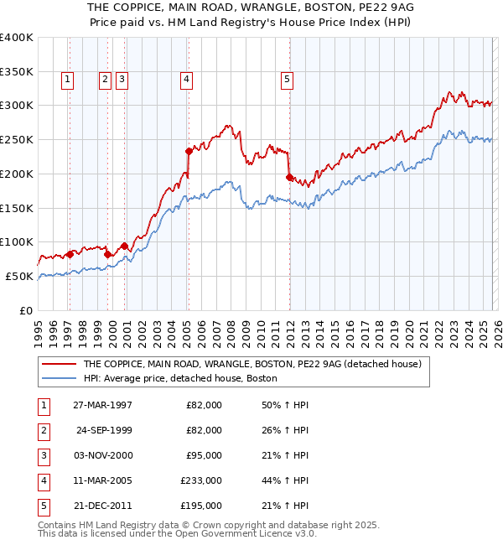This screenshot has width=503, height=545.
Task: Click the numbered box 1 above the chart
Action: [x=67, y=80]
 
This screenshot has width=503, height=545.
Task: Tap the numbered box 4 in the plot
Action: [x=186, y=80]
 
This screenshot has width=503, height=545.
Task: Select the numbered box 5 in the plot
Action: [x=287, y=80]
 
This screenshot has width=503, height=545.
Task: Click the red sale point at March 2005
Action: [x=189, y=151]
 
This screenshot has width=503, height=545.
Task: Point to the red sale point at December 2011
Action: [x=289, y=177]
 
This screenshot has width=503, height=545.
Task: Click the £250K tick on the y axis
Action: [x=17, y=139]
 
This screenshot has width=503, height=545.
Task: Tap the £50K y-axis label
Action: [x=20, y=276]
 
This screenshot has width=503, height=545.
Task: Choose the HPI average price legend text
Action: [x=179, y=379]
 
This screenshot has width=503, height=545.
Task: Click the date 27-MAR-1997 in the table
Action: [x=102, y=405]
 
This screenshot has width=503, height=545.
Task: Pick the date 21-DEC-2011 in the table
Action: [x=102, y=506]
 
